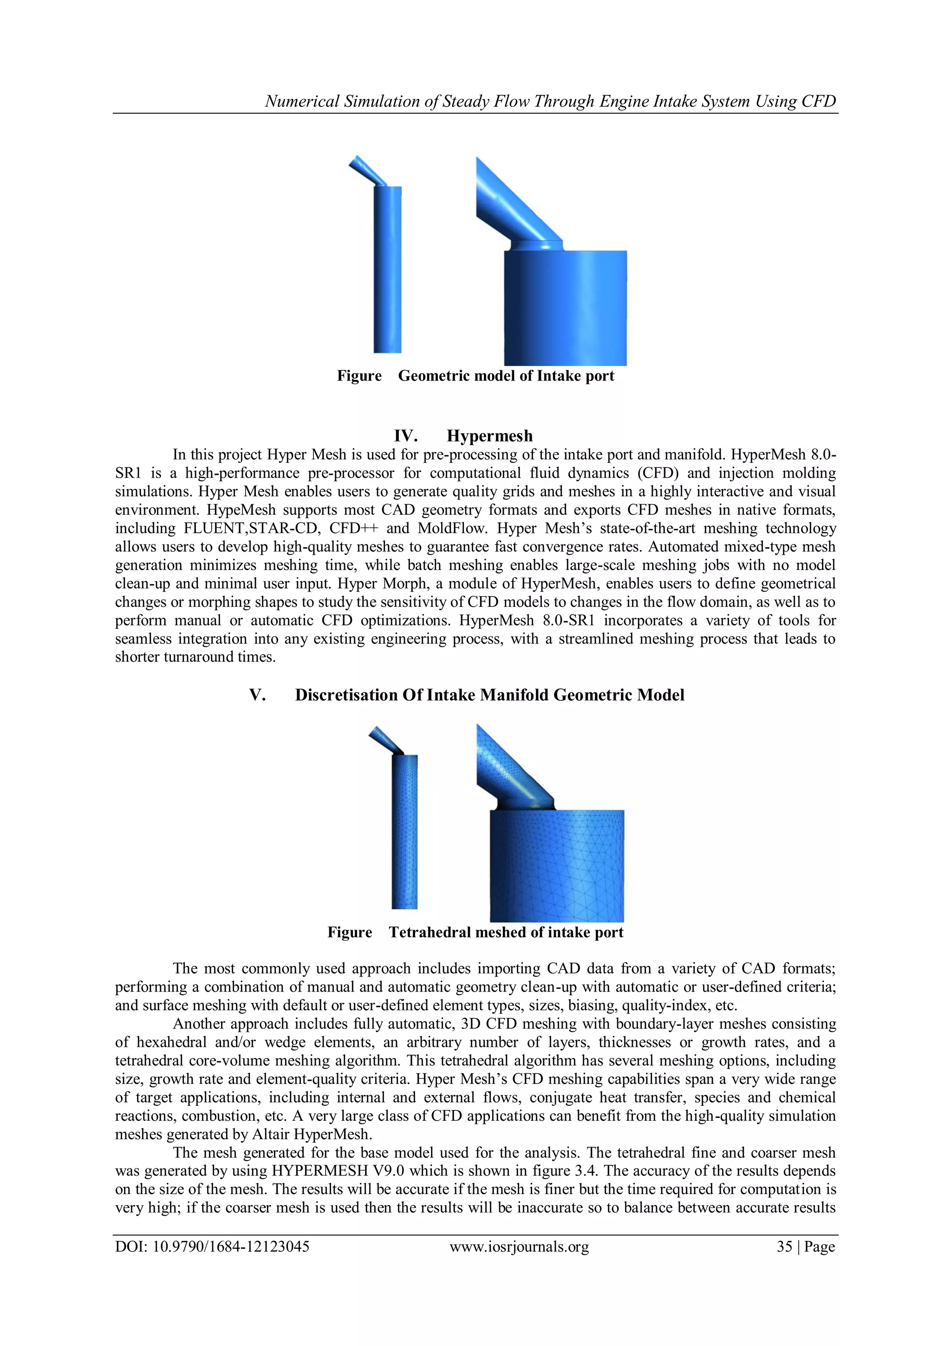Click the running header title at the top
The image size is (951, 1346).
[550, 101]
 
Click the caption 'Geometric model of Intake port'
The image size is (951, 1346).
[506, 376]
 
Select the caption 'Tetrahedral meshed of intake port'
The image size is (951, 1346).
[506, 932]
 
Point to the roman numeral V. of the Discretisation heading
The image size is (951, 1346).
[258, 695]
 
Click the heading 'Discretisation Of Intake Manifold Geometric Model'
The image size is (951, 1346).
[489, 695]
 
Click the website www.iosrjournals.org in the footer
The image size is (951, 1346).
[519, 1247]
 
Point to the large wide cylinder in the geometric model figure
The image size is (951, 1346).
[566, 308]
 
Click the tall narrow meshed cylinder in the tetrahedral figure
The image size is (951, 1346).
[404, 833]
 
